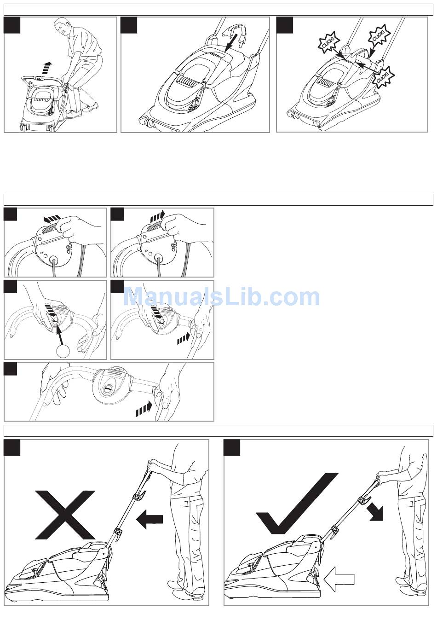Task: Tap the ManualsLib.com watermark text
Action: click(x=221, y=297)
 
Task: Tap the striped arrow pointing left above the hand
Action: click(x=52, y=219)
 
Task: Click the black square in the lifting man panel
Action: click(x=12, y=25)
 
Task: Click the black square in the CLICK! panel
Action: click(x=285, y=25)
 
